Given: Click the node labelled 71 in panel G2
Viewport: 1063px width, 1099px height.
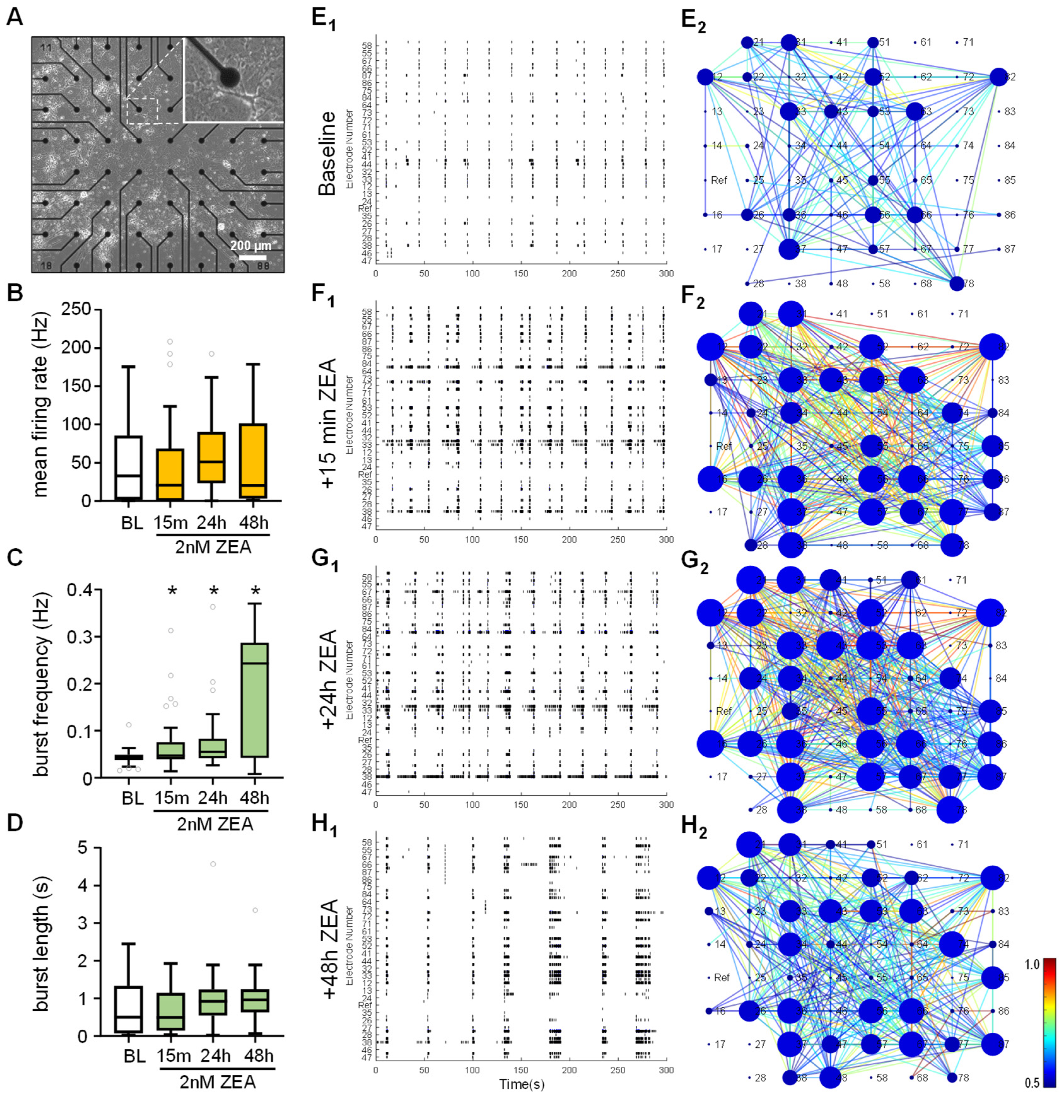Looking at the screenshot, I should pyautogui.click(x=950, y=580).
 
